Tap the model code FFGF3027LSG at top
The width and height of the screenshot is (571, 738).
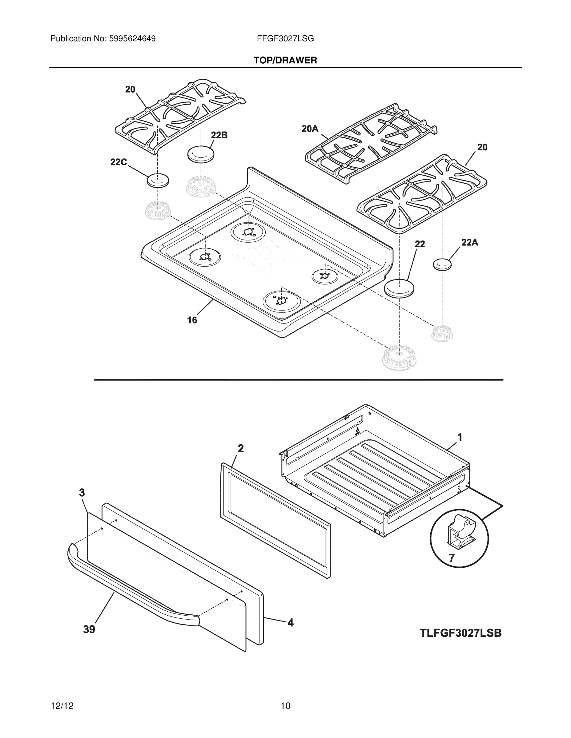(285, 38)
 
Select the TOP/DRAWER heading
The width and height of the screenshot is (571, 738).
(285, 61)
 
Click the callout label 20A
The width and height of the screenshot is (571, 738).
(310, 129)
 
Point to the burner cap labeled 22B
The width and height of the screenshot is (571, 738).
(201, 154)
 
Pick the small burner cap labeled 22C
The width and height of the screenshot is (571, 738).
(158, 181)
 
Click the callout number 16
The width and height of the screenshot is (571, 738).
(192, 320)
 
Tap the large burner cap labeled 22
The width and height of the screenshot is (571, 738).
(400, 288)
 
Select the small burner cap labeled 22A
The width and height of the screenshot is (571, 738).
(442, 264)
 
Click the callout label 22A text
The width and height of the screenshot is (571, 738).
(469, 242)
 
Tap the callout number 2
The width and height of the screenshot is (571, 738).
(240, 448)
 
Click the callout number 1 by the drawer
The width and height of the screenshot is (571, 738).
(460, 437)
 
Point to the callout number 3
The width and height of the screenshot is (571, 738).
(82, 493)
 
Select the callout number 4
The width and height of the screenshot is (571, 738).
(291, 622)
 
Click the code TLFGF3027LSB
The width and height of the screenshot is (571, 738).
(461, 633)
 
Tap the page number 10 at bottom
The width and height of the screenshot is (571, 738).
(285, 706)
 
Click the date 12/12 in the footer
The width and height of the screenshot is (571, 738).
(62, 706)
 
